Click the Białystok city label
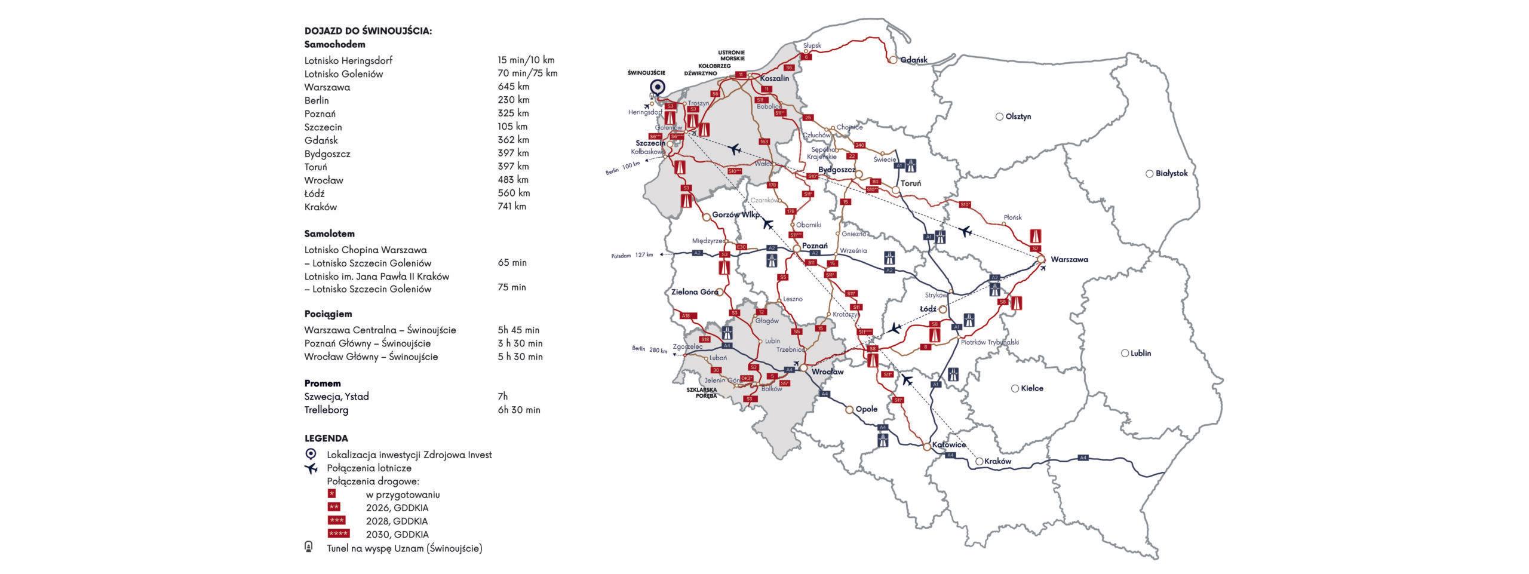[1172, 174]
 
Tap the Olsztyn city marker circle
[999, 117]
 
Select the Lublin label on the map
[1141, 353]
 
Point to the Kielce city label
[1032, 388]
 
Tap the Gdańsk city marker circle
[894, 60]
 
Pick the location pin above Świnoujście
[658, 88]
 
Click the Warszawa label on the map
[1069, 260]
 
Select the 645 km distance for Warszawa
[513, 87]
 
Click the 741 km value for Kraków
[512, 207]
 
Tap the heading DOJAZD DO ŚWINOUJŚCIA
[368, 31]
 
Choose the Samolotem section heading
[329, 234]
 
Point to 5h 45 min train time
[518, 330]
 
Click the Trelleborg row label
[326, 410]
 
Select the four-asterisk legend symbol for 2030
[339, 534]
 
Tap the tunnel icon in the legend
[309, 547]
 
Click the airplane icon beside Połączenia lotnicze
[311, 468]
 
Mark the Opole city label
[867, 409]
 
